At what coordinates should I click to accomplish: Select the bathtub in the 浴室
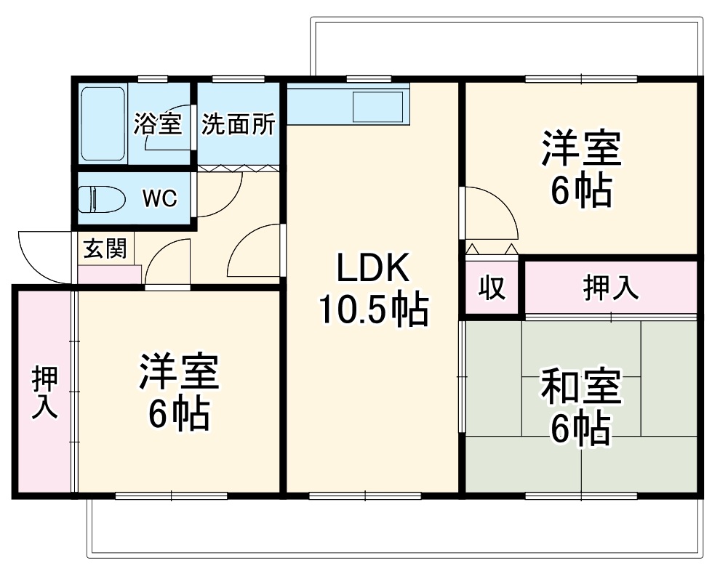pos(103,123)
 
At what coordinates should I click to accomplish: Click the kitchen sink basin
pos(377,106)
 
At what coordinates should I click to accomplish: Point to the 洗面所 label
pos(239,125)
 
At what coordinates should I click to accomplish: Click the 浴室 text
pos(157,124)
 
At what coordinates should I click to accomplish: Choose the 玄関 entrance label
pos(105,248)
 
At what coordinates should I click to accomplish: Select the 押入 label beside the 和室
pos(611,288)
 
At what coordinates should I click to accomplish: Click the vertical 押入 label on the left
pos(44,392)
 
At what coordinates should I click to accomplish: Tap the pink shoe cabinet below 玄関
pos(109,275)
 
